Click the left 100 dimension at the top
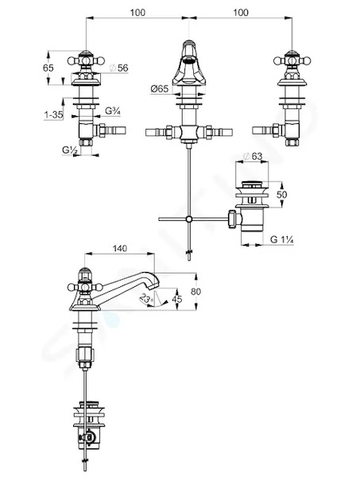pyautogui.click(x=137, y=13)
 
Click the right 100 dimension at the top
pyautogui.click(x=241, y=13)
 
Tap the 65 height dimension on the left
pyautogui.click(x=48, y=68)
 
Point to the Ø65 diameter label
pyautogui.click(x=159, y=89)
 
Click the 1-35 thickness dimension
pyautogui.click(x=53, y=114)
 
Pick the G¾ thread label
pyautogui.click(x=113, y=111)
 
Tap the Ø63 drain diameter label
pyautogui.click(x=254, y=157)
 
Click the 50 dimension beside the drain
pyautogui.click(x=282, y=195)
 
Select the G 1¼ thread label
pyautogui.click(x=281, y=239)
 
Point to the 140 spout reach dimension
pyautogui.click(x=119, y=249)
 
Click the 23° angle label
pyautogui.click(x=146, y=298)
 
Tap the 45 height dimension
pyautogui.click(x=177, y=299)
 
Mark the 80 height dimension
pyautogui.click(x=195, y=292)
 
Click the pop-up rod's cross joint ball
pyautogui.click(x=189, y=219)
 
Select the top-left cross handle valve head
pyautogui.click(x=86, y=60)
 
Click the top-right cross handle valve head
pyautogui.click(x=292, y=60)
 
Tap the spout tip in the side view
pyautogui.click(x=155, y=283)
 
